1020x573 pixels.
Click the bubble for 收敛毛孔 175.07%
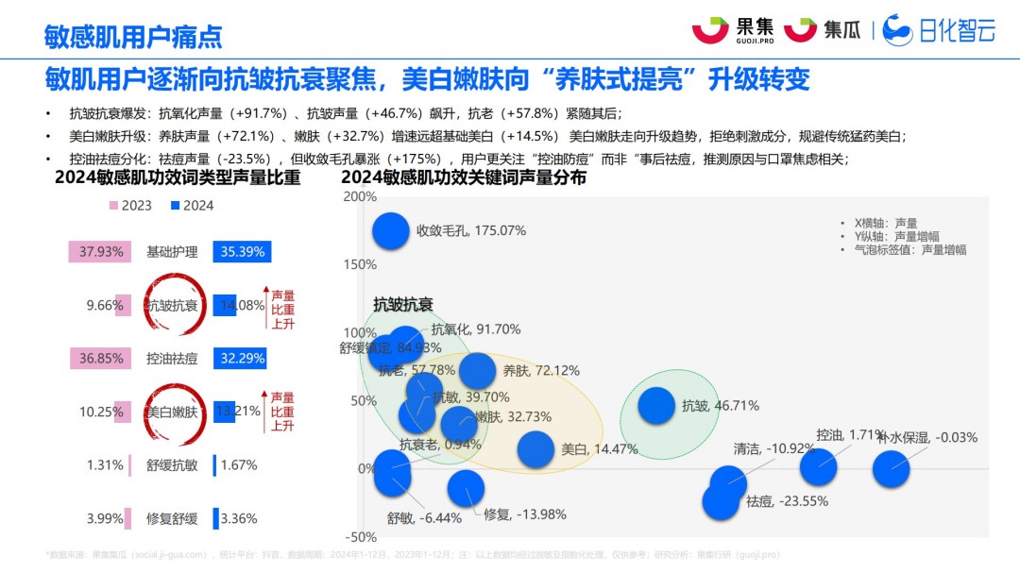(x=390, y=230)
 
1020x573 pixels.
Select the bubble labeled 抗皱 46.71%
(x=657, y=405)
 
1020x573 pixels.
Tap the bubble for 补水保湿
(x=891, y=467)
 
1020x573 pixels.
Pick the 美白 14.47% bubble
(x=535, y=449)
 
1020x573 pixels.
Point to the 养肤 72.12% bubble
(x=478, y=371)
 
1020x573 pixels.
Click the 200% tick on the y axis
(x=360, y=196)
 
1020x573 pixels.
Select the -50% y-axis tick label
(x=360, y=537)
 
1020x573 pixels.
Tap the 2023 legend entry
(x=129, y=205)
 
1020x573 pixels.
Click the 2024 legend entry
(x=192, y=205)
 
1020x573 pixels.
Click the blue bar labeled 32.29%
(x=239, y=359)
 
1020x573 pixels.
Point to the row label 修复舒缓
(x=172, y=518)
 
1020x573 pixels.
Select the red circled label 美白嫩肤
(x=172, y=412)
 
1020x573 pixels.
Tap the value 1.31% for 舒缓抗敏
(x=105, y=464)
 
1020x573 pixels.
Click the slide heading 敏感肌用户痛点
(x=133, y=36)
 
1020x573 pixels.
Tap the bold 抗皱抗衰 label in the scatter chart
(x=402, y=304)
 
